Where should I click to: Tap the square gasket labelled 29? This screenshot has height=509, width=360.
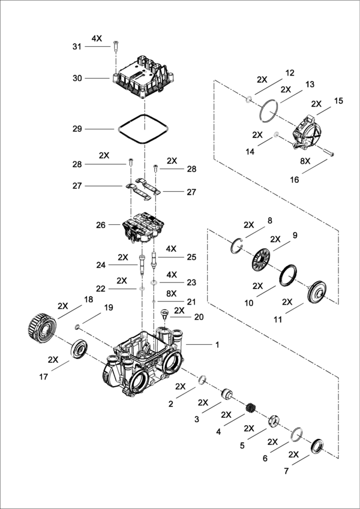pyautogui.click(x=142, y=128)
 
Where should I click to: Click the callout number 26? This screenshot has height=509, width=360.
pyautogui.click(x=100, y=225)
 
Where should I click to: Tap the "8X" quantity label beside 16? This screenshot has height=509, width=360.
pyautogui.click(x=305, y=162)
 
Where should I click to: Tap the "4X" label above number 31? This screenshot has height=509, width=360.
pyautogui.click(x=97, y=38)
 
